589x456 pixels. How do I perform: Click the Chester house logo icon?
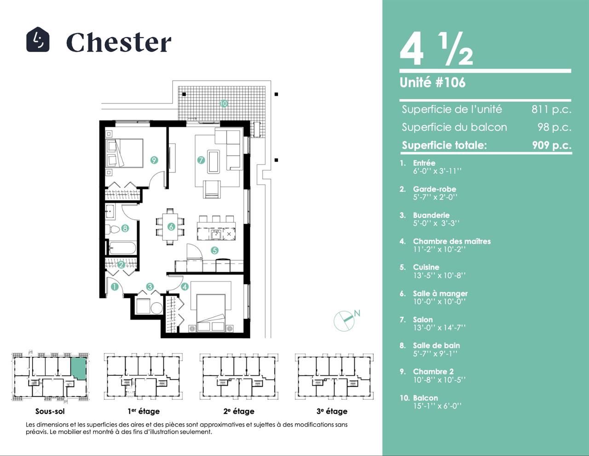click(x=38, y=39)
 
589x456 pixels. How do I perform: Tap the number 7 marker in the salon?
click(x=201, y=160)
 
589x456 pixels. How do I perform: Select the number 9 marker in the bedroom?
click(x=154, y=160)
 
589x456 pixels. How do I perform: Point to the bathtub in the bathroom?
click(x=122, y=248)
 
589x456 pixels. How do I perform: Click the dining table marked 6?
click(x=170, y=227)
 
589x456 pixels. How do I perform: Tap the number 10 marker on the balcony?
click(x=223, y=103)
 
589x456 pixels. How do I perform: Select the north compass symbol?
click(x=345, y=321)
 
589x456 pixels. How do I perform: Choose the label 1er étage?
click(x=144, y=411)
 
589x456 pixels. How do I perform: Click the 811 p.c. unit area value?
click(x=551, y=109)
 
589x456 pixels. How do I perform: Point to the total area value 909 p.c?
click(x=552, y=145)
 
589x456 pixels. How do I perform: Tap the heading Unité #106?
click(x=433, y=82)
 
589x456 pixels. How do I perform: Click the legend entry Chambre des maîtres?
click(x=452, y=241)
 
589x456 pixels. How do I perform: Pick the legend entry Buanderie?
click(x=431, y=215)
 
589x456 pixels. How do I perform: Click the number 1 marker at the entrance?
click(x=115, y=287)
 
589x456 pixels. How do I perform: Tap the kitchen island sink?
click(x=216, y=234)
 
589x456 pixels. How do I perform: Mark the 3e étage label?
click(x=332, y=411)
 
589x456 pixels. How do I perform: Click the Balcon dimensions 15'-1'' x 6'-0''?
click(x=437, y=406)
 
